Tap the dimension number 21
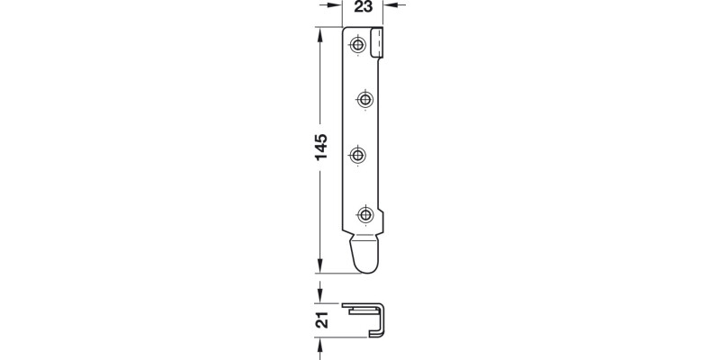point(320,319)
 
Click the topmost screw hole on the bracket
point(359,44)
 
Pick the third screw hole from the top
point(359,155)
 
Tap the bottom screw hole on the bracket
point(365,213)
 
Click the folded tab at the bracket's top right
point(380,42)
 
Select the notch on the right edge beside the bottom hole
point(384,218)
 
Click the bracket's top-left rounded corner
point(349,32)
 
